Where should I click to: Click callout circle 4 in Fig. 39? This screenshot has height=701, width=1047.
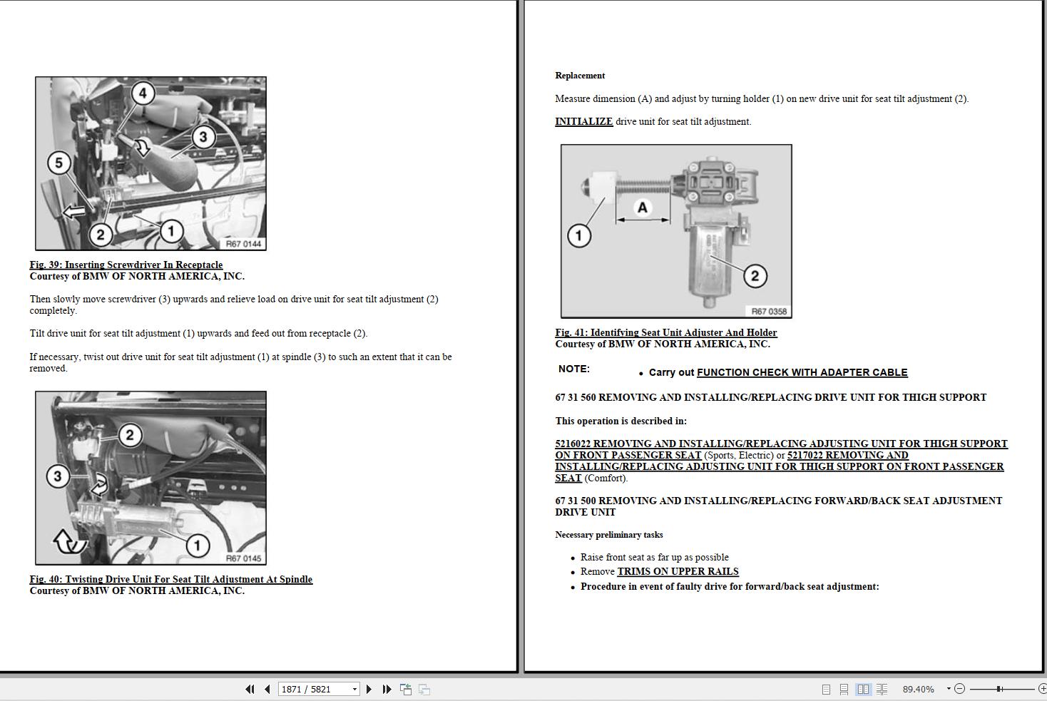(143, 93)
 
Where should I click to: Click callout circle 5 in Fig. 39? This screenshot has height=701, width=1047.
(59, 163)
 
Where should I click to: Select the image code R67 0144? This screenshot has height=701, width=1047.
(243, 244)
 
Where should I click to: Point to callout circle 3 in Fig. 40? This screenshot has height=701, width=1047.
(58, 476)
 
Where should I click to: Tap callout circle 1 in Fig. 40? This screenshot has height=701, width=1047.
(198, 546)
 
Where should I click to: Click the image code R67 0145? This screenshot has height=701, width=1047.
(243, 558)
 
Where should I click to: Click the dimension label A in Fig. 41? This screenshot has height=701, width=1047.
(643, 208)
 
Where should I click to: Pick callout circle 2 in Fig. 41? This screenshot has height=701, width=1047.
(755, 276)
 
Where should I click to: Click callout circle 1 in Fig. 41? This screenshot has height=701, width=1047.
(579, 235)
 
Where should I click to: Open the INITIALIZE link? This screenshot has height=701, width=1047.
(583, 122)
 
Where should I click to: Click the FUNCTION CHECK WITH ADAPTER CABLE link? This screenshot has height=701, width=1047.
(802, 372)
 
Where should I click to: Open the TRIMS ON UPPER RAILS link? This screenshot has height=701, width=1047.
(678, 572)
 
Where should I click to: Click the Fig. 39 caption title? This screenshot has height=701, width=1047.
(126, 265)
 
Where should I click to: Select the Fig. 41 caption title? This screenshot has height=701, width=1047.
(666, 332)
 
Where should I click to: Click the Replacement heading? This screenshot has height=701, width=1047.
(580, 76)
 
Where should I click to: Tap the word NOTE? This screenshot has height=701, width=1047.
(574, 369)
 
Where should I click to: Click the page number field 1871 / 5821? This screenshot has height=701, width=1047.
(314, 689)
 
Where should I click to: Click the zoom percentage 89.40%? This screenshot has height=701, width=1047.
(918, 689)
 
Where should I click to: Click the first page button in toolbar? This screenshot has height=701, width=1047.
(250, 689)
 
